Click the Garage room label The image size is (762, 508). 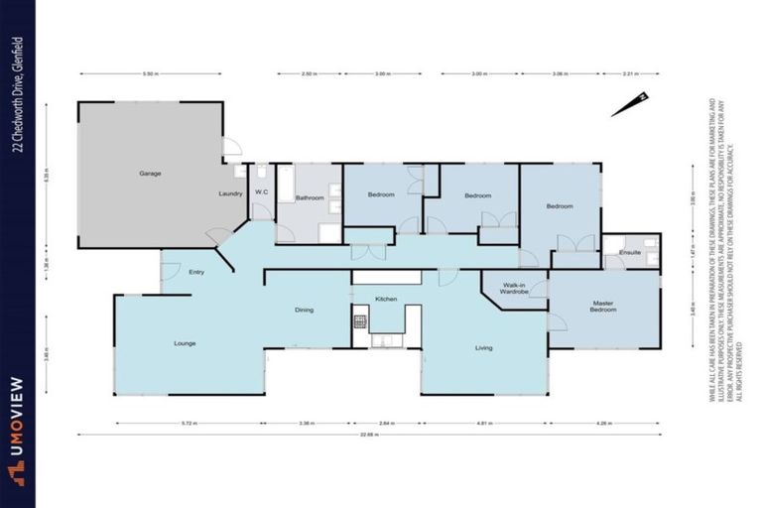tap(150, 174)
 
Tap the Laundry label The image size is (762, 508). tap(230, 193)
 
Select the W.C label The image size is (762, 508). tap(262, 192)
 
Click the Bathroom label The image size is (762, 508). tap(309, 197)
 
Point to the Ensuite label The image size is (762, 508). tap(630, 253)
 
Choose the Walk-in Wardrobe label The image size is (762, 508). tap(513, 289)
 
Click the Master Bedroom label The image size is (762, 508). tap(604, 307)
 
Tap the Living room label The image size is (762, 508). tap(483, 347)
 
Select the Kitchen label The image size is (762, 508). tap(386, 299)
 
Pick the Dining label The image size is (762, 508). tap(304, 310)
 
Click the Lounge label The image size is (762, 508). tap(185, 343)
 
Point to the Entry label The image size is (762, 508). tap(195, 271)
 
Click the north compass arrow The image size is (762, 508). tap(629, 104)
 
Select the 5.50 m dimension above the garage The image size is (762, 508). tap(150, 73)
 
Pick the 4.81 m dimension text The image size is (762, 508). tap(484, 423)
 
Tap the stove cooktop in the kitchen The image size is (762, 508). tap(360, 321)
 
